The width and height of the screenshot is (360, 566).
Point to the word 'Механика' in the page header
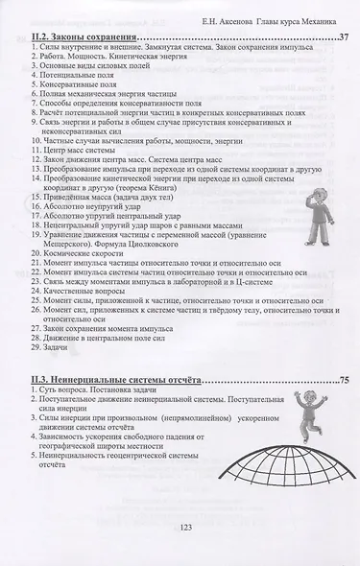(x=326, y=12)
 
